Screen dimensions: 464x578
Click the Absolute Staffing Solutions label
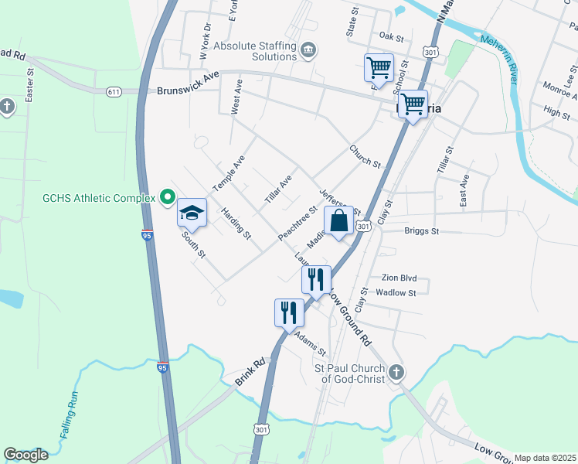[255, 51]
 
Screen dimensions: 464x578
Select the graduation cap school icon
[192, 213]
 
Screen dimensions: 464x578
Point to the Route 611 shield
[114, 91]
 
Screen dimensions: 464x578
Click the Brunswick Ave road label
[189, 90]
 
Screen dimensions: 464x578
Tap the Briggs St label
[421, 230]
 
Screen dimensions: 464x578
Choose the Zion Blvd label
[399, 278]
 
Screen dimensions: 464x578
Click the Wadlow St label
[396, 293]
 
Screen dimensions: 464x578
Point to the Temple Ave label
[229, 172]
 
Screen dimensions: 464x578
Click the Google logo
[25, 455]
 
